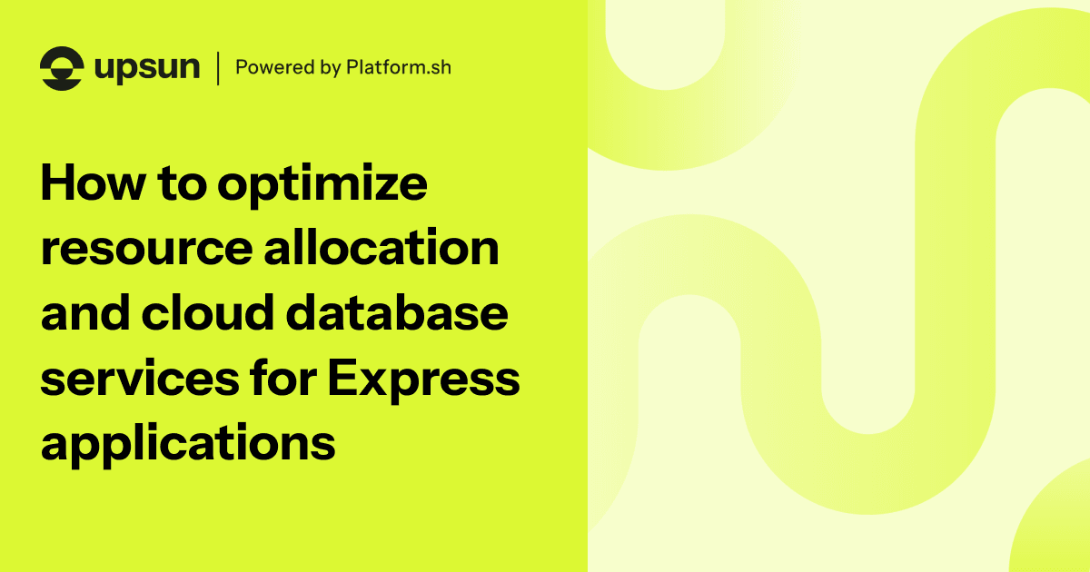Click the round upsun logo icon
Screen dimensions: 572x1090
pos(62,68)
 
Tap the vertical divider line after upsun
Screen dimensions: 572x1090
pos(218,68)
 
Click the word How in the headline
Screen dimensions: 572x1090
pos(90,185)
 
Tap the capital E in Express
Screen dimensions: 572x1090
pos(342,378)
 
